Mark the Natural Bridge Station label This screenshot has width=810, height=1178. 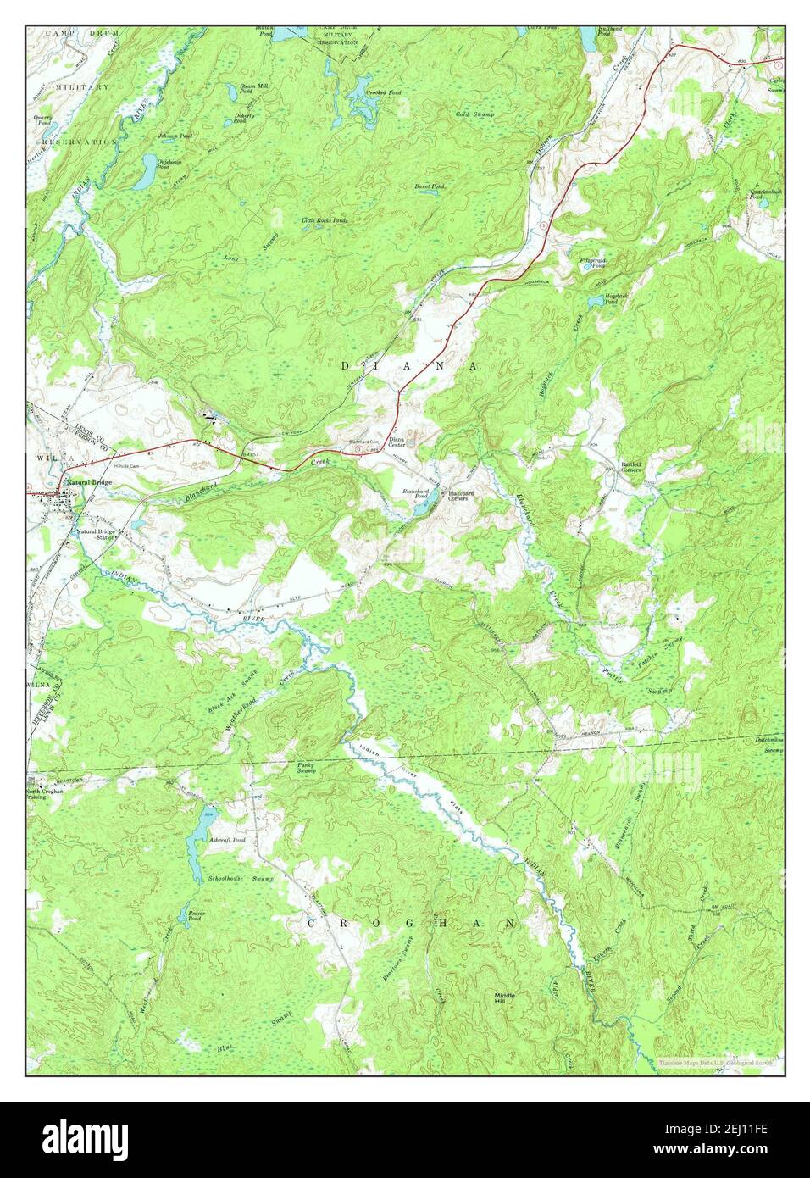click(96, 535)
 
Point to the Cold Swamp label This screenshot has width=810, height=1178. click(474, 114)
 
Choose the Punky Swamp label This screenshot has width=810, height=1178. click(307, 768)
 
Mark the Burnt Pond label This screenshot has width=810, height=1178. click(430, 186)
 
